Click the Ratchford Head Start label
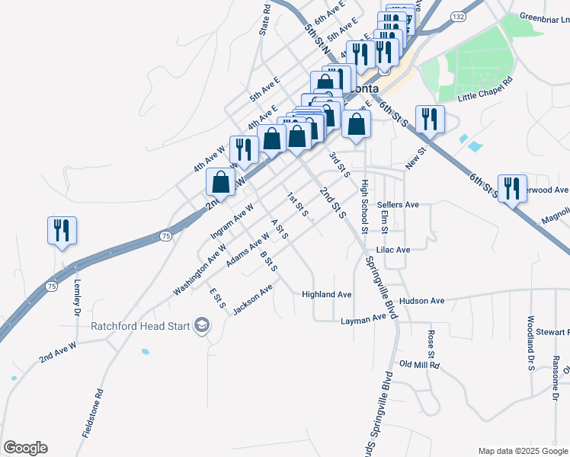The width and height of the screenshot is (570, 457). (140, 326)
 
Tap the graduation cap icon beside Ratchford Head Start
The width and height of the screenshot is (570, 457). (202, 327)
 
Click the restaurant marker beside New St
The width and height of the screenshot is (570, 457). (430, 119)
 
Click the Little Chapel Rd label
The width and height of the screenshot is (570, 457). (485, 90)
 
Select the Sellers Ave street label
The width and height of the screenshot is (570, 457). (399, 205)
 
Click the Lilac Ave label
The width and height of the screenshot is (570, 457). (393, 249)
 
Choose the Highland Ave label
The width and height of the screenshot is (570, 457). (326, 294)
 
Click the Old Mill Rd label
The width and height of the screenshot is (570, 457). (420, 365)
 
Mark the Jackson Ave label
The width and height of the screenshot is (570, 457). (253, 300)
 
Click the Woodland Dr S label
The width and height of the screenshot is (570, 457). (530, 343)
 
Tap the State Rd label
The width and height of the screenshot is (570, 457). (265, 19)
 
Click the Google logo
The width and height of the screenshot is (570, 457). (25, 448)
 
